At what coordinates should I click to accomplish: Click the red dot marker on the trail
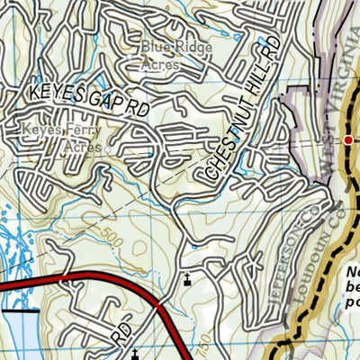coord(349,139)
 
